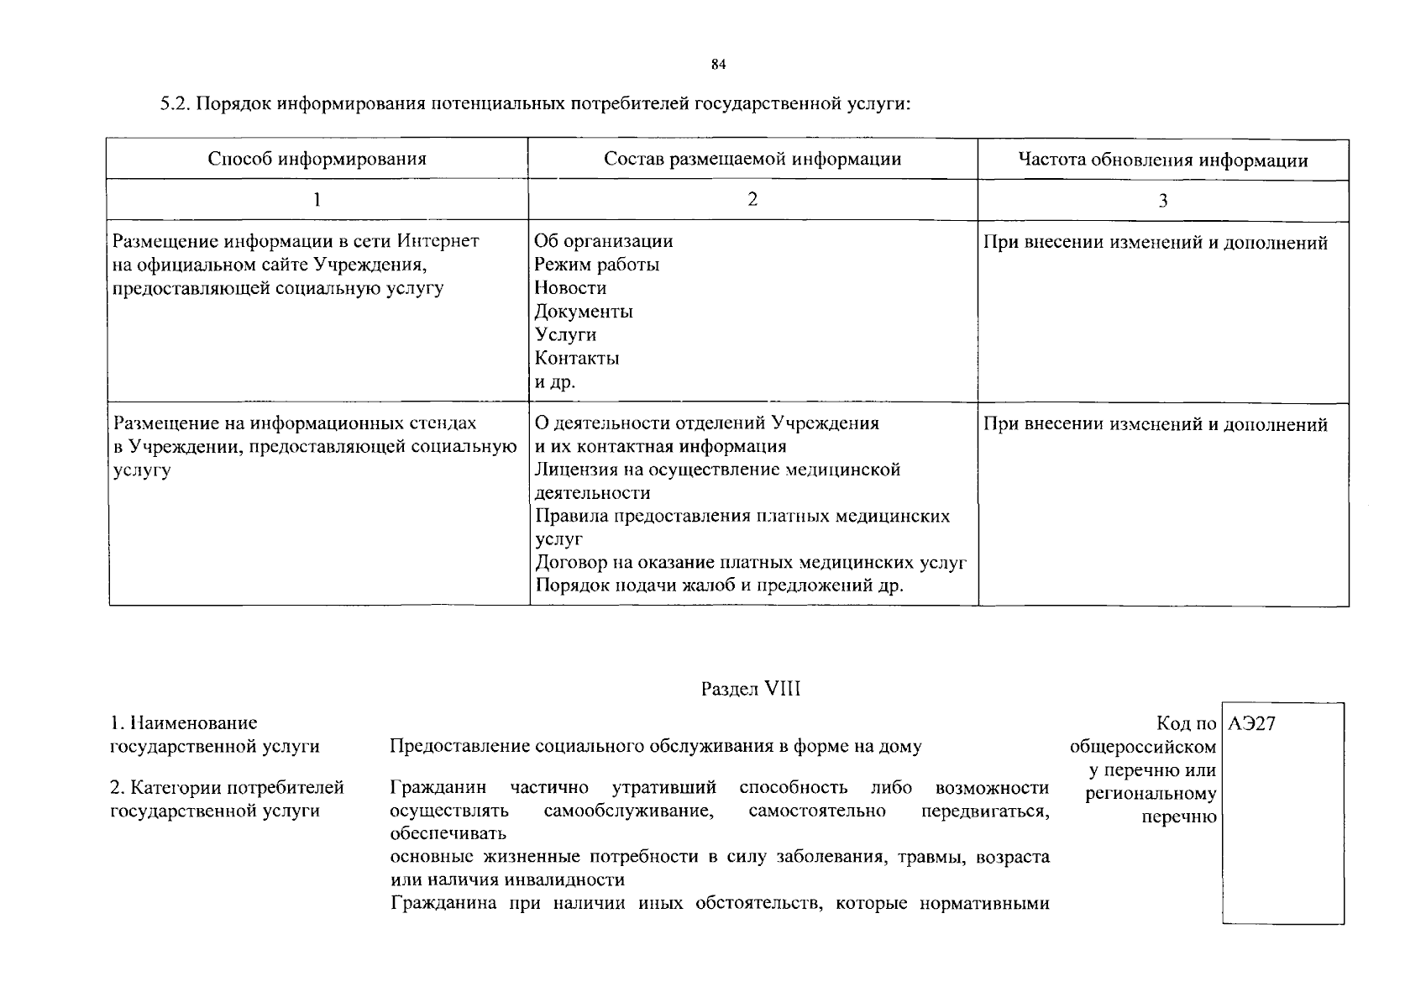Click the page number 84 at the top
[718, 65]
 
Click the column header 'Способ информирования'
[317, 160]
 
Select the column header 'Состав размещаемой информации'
[752, 160]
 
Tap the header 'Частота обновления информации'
[1162, 160]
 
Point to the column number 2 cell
[752, 199]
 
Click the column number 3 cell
[1162, 201]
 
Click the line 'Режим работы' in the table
[596, 265]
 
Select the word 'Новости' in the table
[570, 288]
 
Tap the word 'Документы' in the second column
[584, 312]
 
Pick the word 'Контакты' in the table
[577, 359]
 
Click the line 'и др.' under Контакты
[555, 382]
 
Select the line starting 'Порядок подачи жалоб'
[719, 585]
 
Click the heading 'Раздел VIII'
[751, 690]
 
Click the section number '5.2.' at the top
[177, 104]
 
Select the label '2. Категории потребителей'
[228, 788]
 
